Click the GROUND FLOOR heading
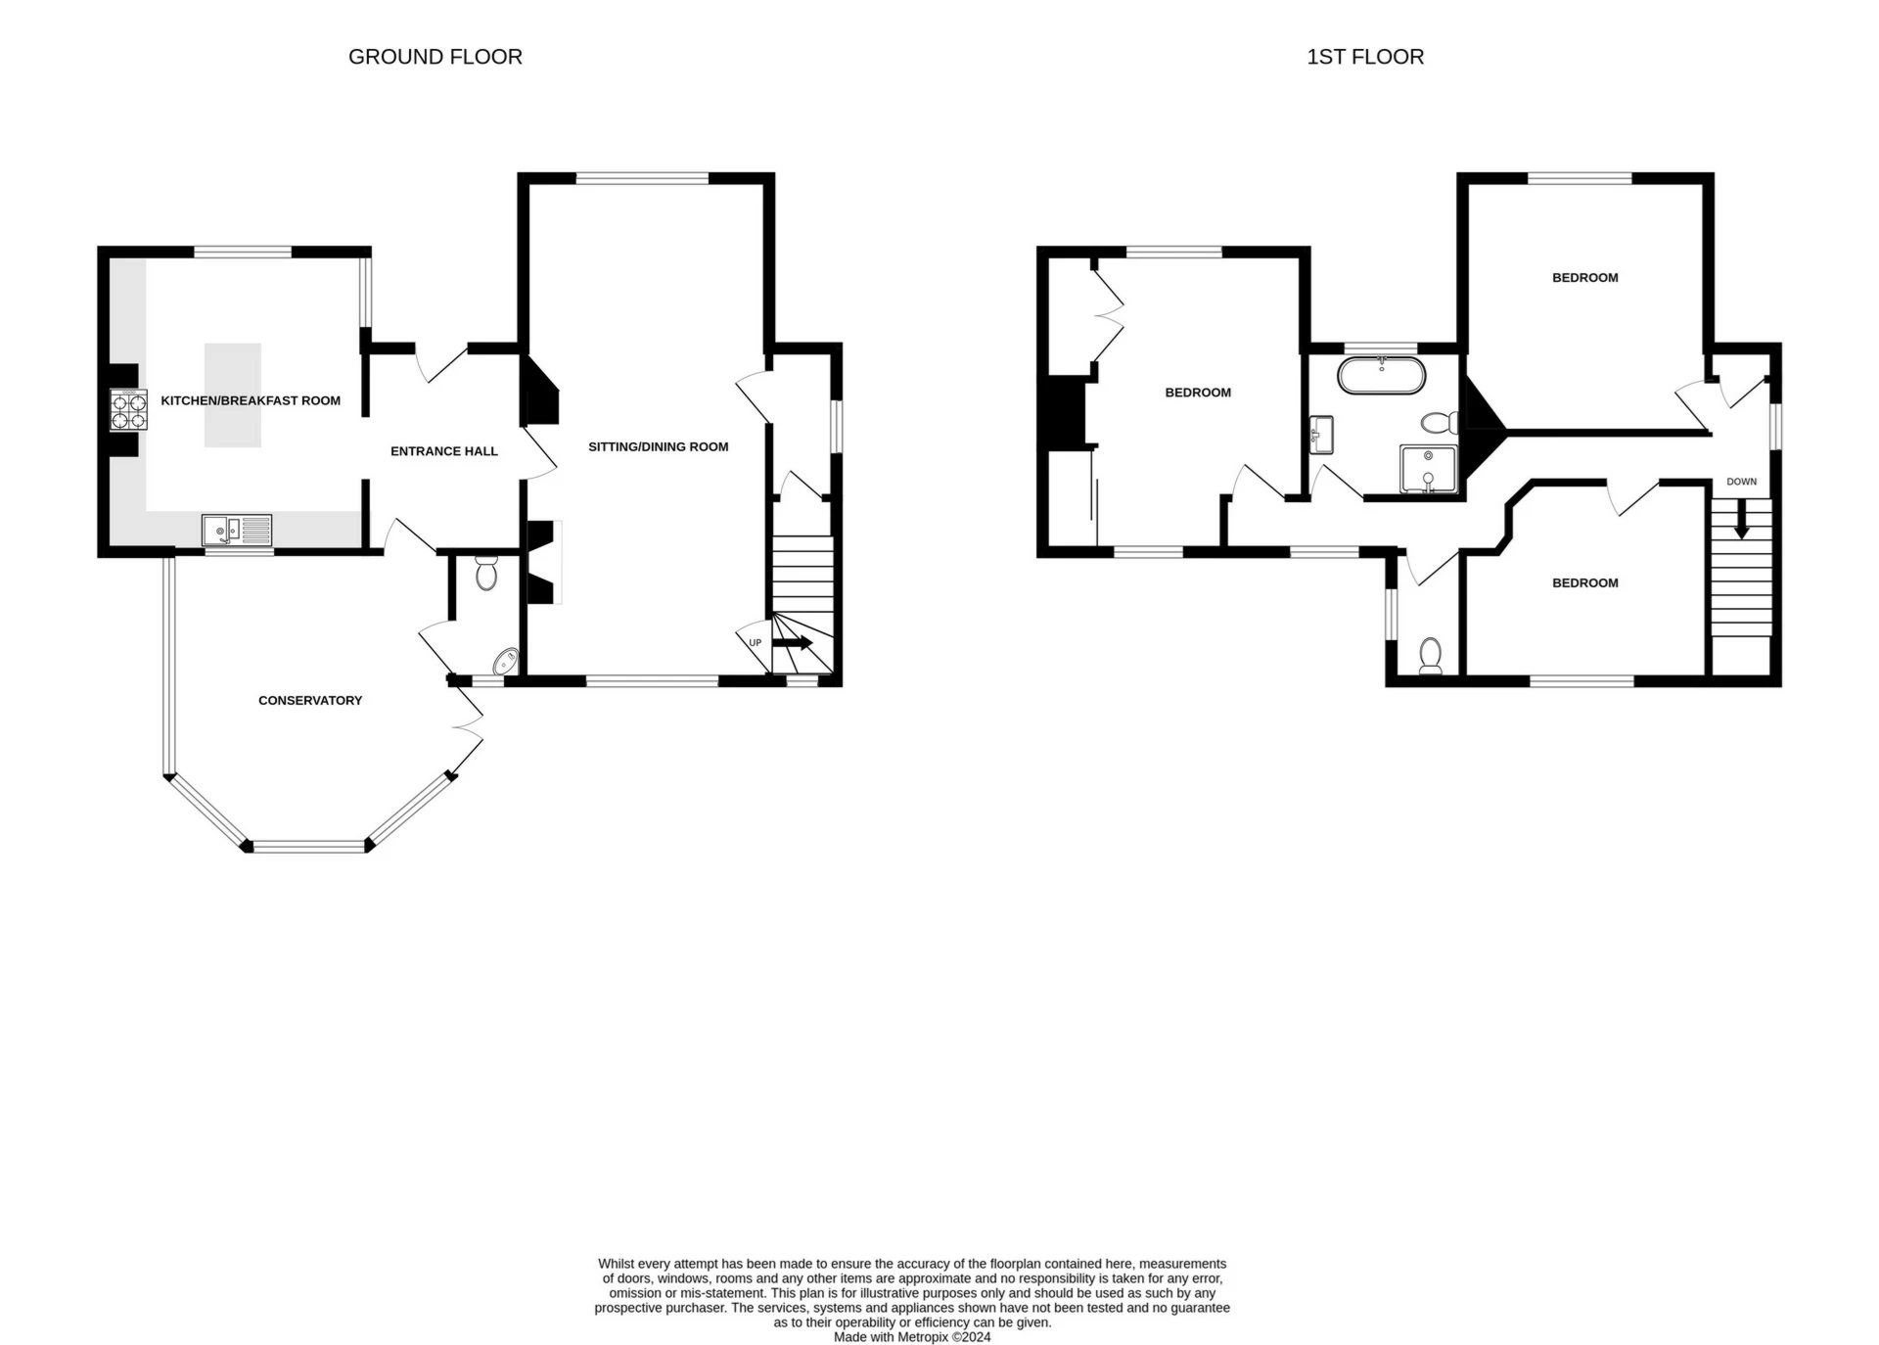[435, 57]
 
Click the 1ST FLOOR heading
[1365, 57]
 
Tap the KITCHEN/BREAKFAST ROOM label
[251, 400]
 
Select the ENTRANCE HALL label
[444, 451]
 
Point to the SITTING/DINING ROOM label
[659, 446]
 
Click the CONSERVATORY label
[310, 700]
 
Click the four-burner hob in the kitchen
[129, 409]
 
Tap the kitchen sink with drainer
[237, 530]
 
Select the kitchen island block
[233, 394]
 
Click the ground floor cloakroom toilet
[486, 572]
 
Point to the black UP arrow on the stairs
[792, 643]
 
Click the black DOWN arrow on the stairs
[1741, 518]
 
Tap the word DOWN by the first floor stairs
[1742, 482]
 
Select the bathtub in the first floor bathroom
[1382, 376]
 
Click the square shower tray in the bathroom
[1429, 469]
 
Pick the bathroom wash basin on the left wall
[1321, 435]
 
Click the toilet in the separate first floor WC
[1431, 656]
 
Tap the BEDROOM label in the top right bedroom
[1585, 278]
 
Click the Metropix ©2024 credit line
[912, 1337]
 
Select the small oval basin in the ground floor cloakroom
[505, 662]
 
